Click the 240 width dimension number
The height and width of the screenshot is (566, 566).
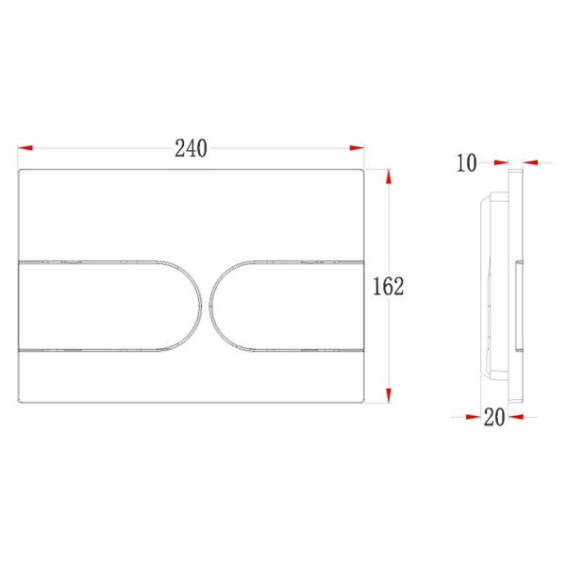click(191, 148)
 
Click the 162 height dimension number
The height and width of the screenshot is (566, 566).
click(388, 286)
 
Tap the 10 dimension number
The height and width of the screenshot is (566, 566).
click(467, 163)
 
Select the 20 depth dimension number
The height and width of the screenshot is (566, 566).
click(494, 417)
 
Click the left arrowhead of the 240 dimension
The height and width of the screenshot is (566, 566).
click(25, 148)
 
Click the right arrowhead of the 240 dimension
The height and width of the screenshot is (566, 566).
click(357, 148)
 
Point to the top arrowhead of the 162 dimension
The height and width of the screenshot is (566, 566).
click(389, 176)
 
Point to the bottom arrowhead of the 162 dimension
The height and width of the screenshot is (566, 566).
click(389, 395)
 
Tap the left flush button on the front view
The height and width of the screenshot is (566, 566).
click(108, 306)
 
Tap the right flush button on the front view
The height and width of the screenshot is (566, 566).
click(286, 306)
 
